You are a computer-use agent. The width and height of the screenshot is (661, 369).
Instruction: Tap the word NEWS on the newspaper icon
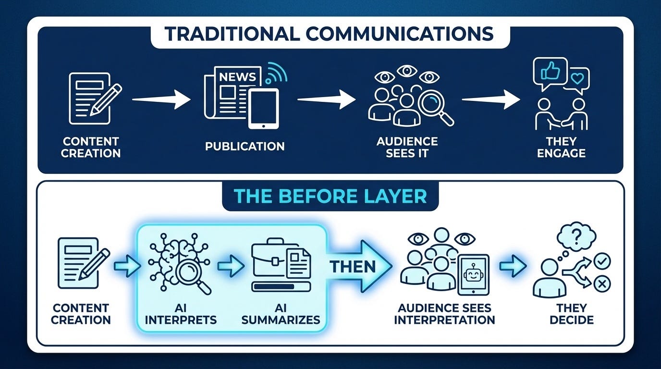[237, 77]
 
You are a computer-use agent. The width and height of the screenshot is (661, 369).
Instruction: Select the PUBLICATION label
[245, 147]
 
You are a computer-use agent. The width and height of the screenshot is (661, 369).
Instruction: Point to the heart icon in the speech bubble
[577, 78]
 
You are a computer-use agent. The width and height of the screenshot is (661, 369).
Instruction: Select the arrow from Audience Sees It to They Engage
[491, 99]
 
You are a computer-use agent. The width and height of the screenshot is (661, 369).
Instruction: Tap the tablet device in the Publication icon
[263, 109]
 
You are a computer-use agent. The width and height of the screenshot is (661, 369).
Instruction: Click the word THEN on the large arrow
[353, 267]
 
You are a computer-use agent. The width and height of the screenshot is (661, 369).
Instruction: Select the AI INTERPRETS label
[181, 314]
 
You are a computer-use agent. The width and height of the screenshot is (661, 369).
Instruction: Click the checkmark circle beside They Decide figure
[602, 261]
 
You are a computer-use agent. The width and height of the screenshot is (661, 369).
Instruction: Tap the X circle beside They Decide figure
[602, 284]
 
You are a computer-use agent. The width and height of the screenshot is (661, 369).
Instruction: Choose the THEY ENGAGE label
[561, 148]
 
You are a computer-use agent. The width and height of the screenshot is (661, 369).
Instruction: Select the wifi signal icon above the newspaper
[276, 73]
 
